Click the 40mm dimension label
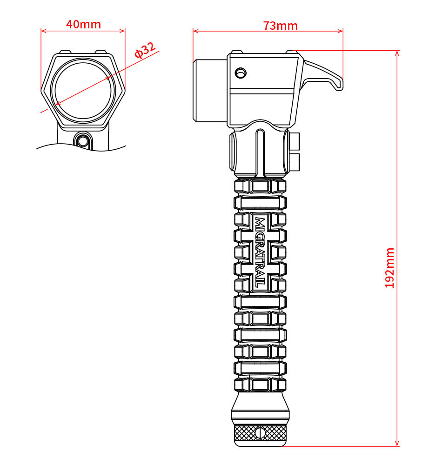83,24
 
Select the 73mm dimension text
280,25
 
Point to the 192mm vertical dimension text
389,268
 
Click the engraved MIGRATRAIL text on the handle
261,252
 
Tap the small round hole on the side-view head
241,73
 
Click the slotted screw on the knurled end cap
261,433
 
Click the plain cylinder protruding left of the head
210,91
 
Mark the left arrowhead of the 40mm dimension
43,31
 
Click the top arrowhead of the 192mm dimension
397,53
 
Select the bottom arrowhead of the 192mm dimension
397,444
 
